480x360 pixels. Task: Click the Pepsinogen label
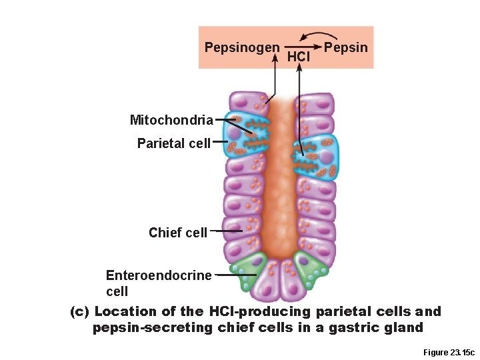point(241,47)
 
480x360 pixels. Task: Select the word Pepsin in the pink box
point(345,47)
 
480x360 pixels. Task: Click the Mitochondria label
point(171,120)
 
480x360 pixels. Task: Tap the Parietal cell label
point(173,143)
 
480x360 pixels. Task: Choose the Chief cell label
point(177,232)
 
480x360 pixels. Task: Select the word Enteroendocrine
point(159,275)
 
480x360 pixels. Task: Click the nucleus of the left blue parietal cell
point(234,133)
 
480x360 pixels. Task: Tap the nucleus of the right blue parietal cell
point(326,157)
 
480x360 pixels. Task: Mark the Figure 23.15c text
point(448,352)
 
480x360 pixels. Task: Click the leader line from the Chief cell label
point(225,232)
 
